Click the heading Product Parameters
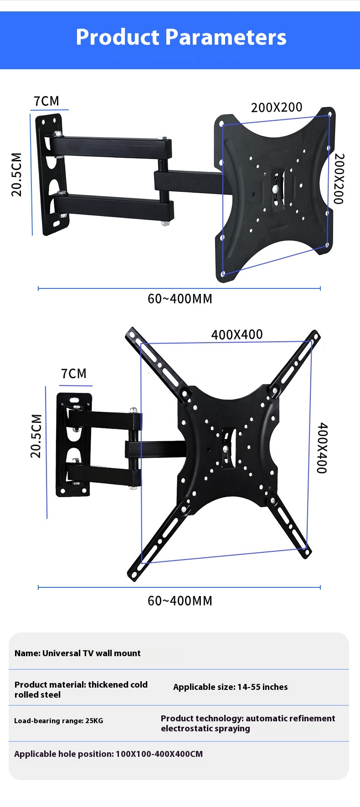point(181,37)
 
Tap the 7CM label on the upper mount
point(46,101)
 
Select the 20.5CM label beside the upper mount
point(16,175)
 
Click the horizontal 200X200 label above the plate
point(277,108)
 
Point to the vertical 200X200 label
point(339,179)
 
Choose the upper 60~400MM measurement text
point(180,299)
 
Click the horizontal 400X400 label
point(237,334)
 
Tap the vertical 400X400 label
point(322,448)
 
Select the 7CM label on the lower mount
point(74,374)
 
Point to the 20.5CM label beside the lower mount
point(36,436)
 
